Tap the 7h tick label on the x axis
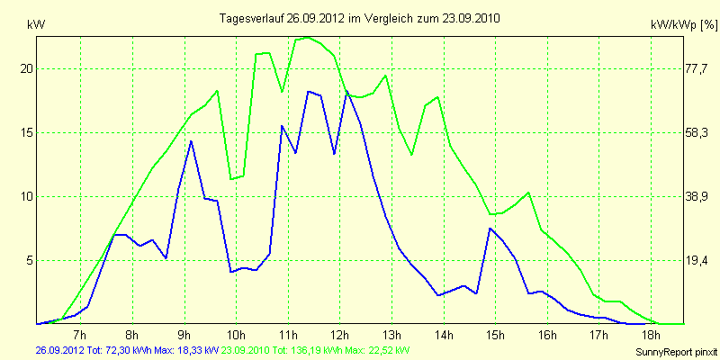click(x=80, y=336)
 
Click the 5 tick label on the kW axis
click(x=29, y=260)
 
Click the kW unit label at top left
click(x=36, y=27)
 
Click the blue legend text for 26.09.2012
click(x=126, y=350)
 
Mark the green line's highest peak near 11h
click(x=308, y=37)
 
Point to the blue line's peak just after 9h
click(x=191, y=141)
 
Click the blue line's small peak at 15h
click(x=490, y=229)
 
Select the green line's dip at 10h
click(x=232, y=179)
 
